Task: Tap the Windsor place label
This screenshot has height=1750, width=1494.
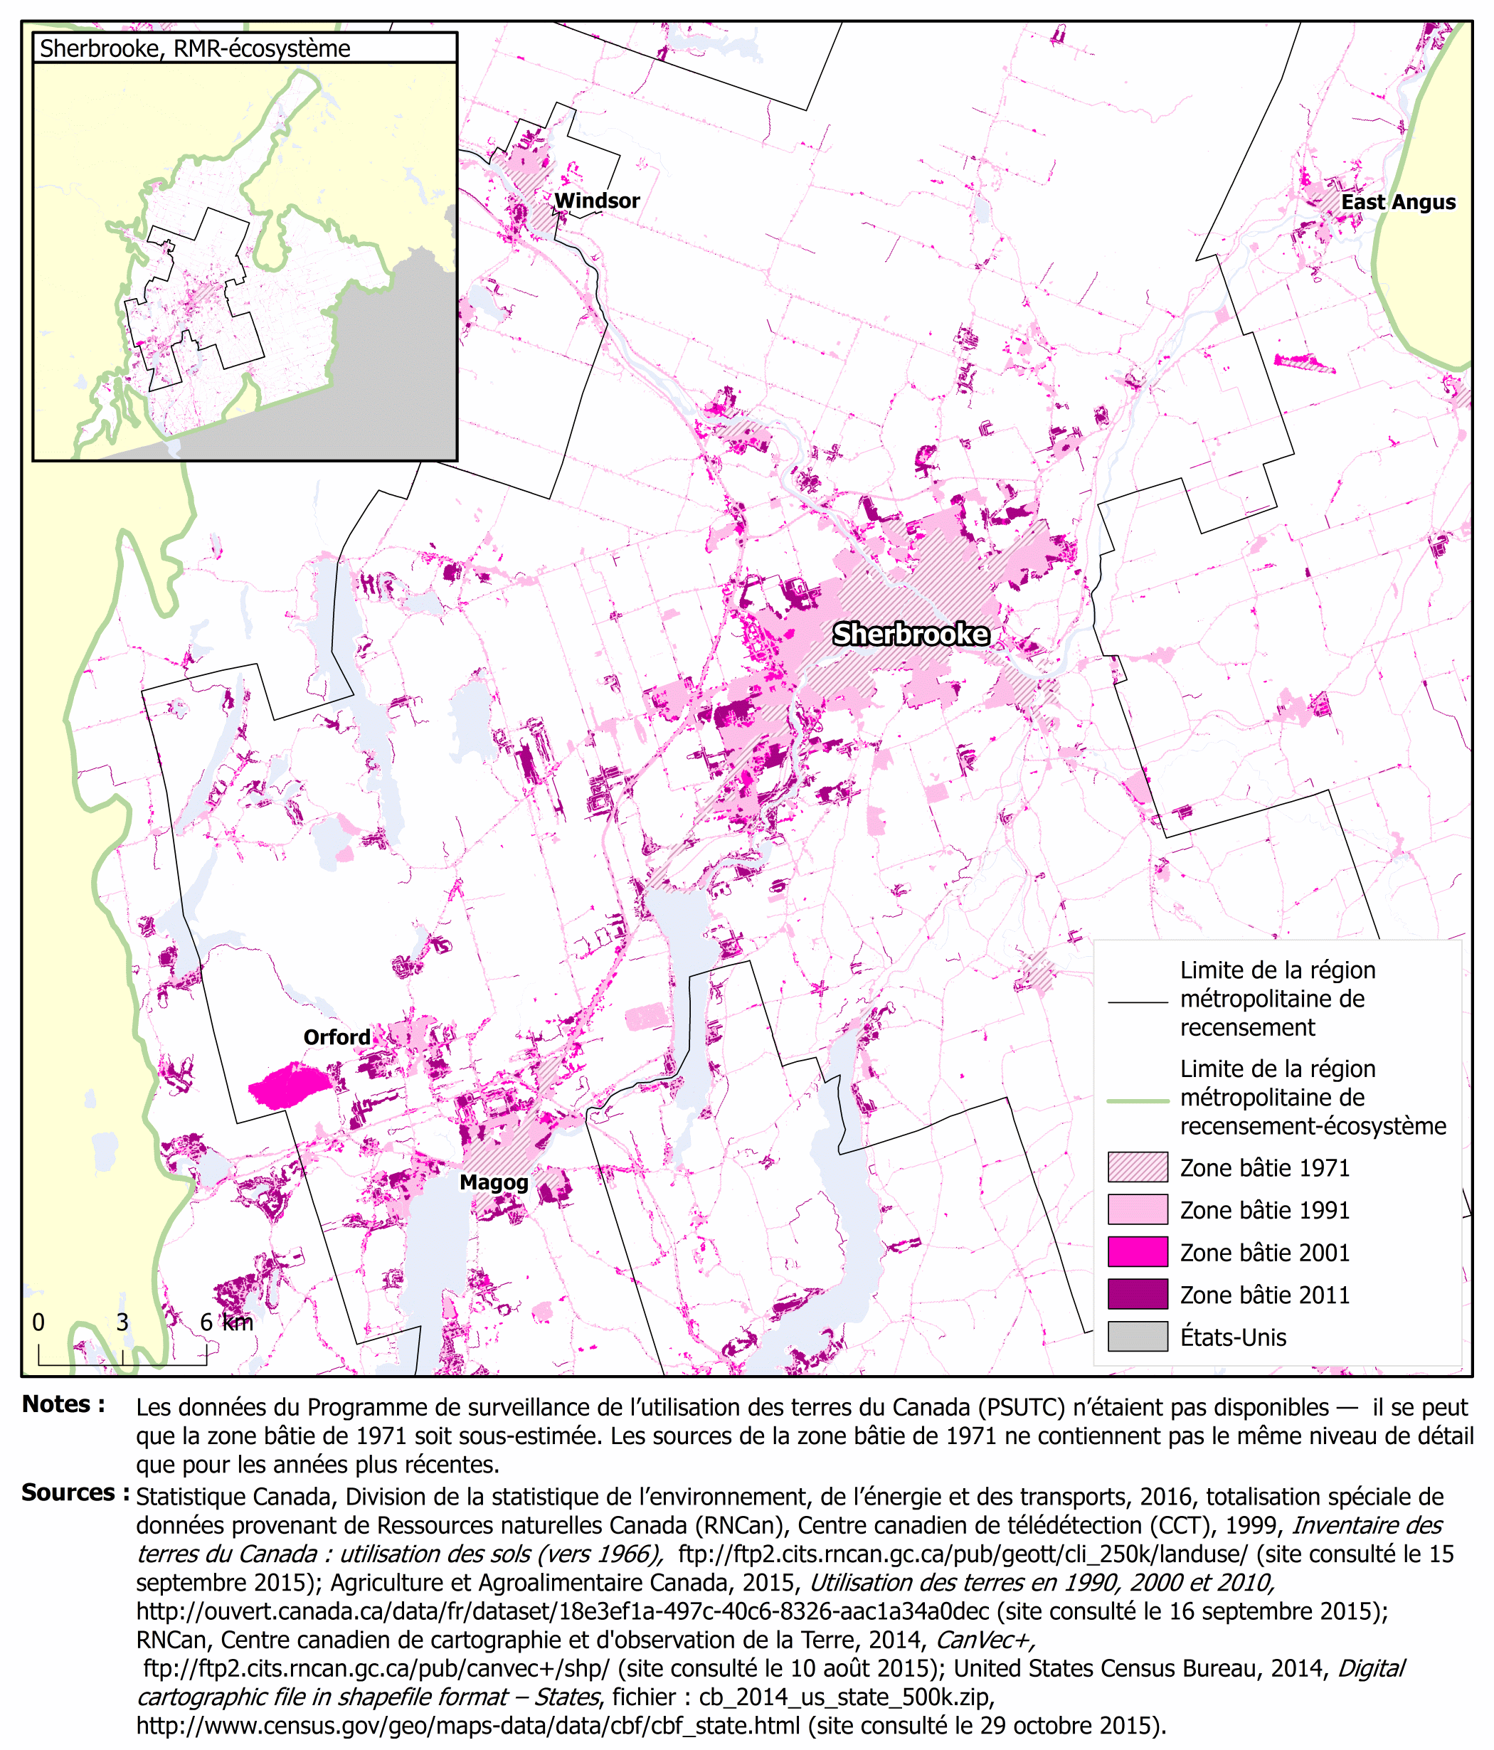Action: tap(596, 201)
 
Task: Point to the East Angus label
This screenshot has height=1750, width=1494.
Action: tap(1398, 203)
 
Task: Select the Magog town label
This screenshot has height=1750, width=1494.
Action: tap(493, 1182)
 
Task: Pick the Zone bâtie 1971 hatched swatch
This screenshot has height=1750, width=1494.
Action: tap(1137, 1167)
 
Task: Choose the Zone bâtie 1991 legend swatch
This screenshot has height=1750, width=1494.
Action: tap(1137, 1209)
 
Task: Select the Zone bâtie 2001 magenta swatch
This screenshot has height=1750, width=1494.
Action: tap(1137, 1252)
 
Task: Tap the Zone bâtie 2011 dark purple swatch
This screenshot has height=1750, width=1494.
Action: tap(1137, 1294)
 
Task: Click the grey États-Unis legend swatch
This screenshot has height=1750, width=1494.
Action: tap(1137, 1337)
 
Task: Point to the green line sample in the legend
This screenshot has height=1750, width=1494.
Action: tap(1137, 1101)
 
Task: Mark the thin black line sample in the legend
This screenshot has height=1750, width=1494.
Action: tap(1137, 1002)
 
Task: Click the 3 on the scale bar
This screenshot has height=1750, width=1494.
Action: tap(122, 1322)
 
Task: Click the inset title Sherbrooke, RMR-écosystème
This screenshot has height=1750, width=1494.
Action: tap(194, 49)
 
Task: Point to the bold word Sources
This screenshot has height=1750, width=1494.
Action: tap(74, 1493)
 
